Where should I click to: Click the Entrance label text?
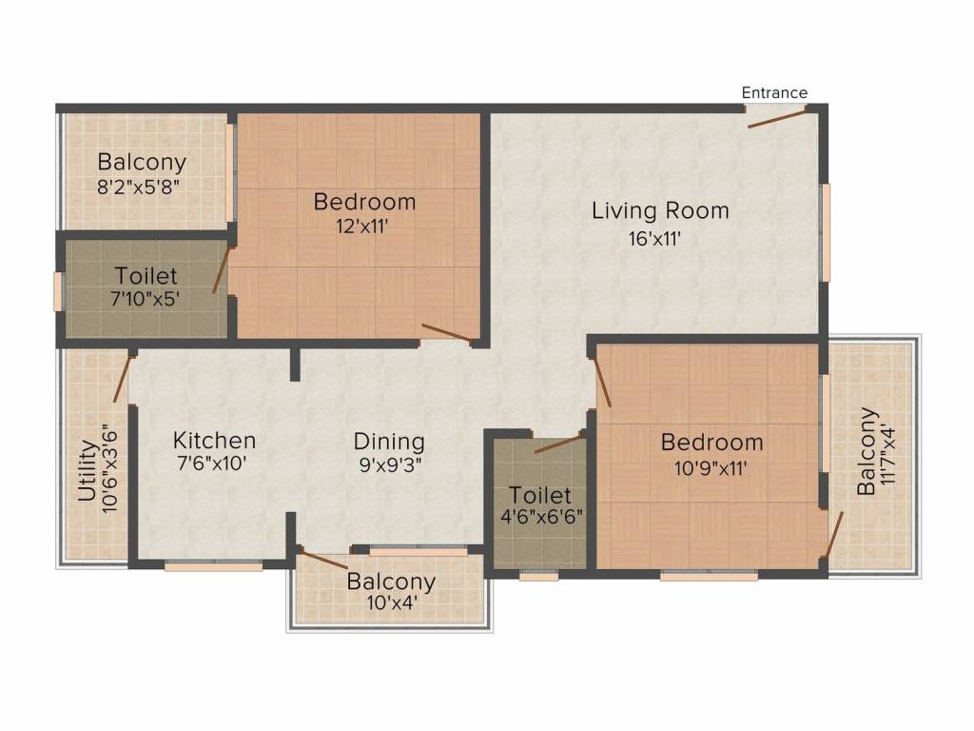(774, 92)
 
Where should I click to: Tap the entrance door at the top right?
(775, 117)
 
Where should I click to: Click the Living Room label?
(660, 210)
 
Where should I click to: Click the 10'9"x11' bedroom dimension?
(711, 467)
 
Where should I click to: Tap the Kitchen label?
(214, 441)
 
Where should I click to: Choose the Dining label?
(389, 442)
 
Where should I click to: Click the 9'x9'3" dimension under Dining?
(389, 465)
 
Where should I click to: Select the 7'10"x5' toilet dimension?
(146, 297)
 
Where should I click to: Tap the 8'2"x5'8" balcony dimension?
(141, 186)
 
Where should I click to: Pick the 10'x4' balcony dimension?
(391, 602)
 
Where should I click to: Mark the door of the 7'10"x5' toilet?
(221, 268)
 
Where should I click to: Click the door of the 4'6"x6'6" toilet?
(557, 445)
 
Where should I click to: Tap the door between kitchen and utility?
(121, 378)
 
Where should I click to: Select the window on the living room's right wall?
(826, 232)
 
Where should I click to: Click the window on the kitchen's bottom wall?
(213, 566)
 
